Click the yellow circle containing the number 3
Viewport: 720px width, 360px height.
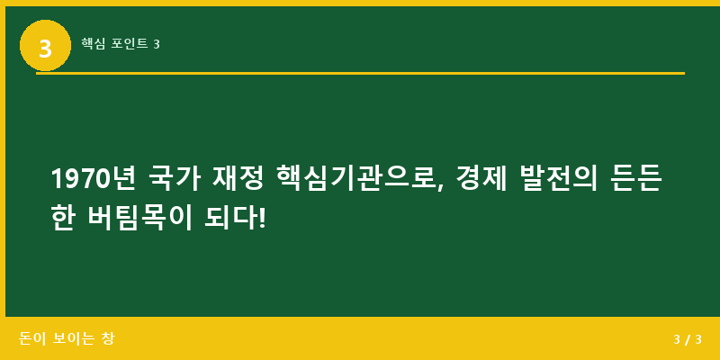click(x=45, y=45)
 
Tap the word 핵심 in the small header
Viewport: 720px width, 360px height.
click(x=93, y=43)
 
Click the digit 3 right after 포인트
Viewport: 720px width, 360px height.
click(x=157, y=43)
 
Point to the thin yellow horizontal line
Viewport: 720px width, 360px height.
click(x=360, y=73)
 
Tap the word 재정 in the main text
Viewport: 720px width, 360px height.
click(x=238, y=179)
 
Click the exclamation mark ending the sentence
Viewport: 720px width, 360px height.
click(x=263, y=217)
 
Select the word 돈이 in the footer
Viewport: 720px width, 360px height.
click(x=31, y=339)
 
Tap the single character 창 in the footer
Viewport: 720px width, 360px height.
click(x=108, y=339)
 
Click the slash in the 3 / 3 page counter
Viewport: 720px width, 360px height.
click(x=687, y=339)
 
